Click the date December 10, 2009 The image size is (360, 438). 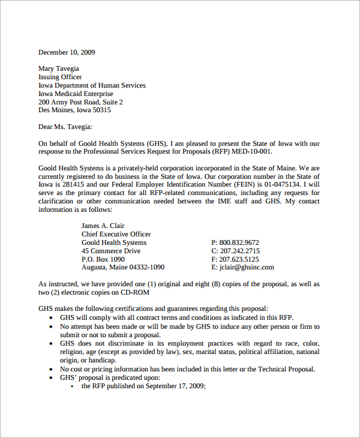pos(67,52)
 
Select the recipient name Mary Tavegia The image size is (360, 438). pos(59,68)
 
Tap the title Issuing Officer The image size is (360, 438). pos(60,77)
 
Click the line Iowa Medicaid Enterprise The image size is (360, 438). pos(75,94)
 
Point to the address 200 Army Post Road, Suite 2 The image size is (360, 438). pos(80,102)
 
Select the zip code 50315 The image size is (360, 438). pos(101,110)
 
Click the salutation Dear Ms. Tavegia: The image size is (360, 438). pos(66,127)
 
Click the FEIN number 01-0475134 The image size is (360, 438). pos(283,185)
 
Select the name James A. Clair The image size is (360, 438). pos(103,226)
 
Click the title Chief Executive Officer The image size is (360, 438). pos(116,234)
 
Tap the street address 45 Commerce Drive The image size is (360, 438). pos(111,251)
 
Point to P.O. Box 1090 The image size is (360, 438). pos(103,259)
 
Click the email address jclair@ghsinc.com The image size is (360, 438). pos(247,268)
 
